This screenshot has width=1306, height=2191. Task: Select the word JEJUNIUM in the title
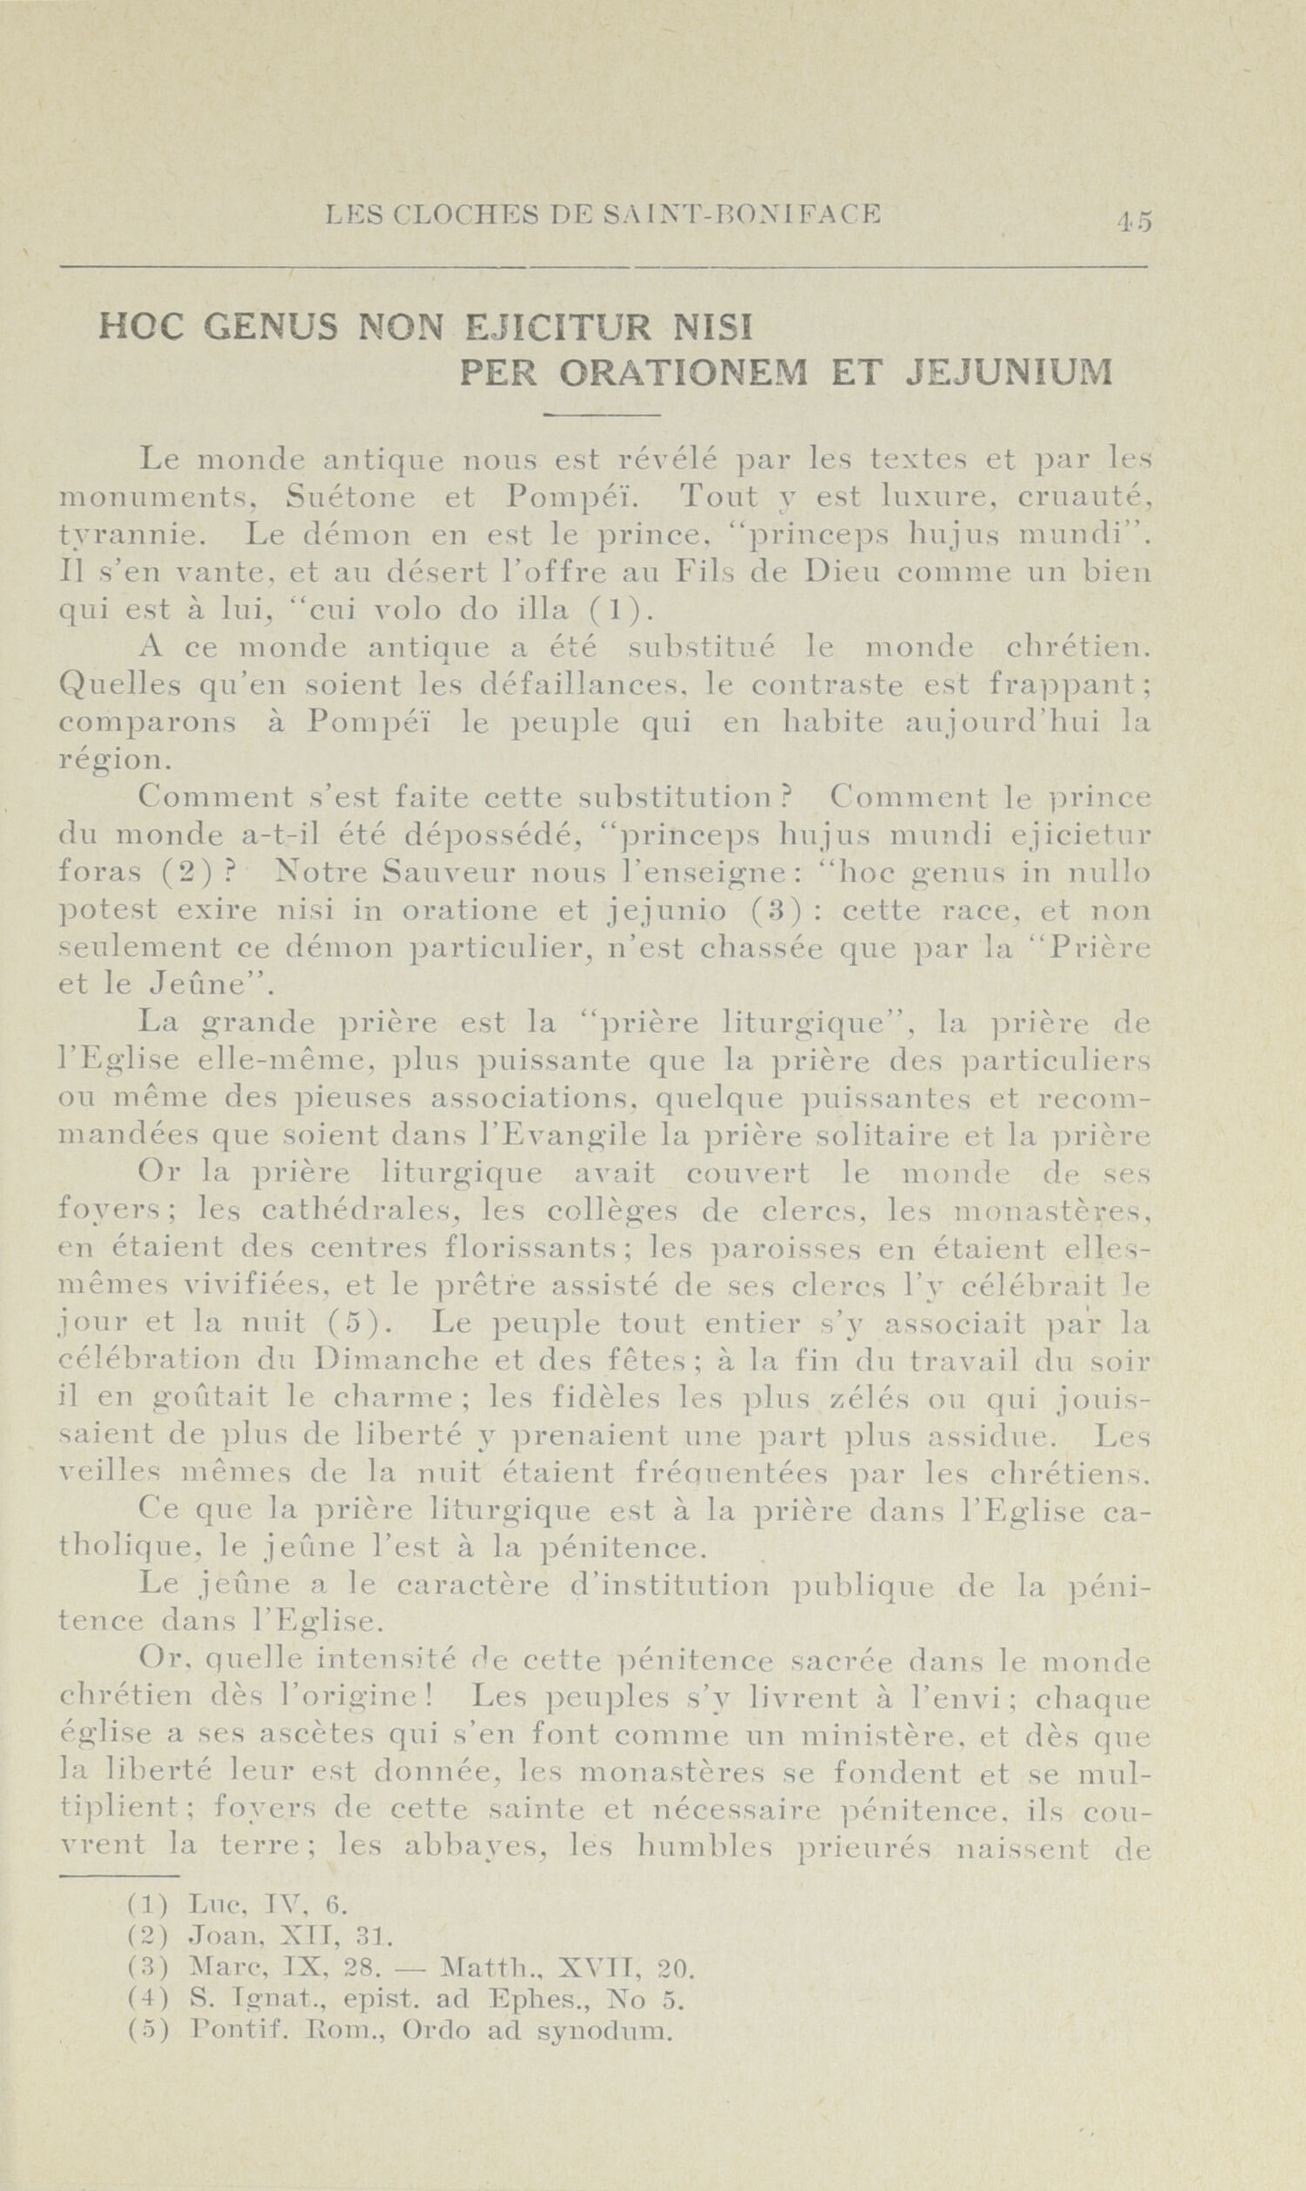pos(1009,373)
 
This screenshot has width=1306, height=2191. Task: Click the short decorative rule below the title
pos(602,414)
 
